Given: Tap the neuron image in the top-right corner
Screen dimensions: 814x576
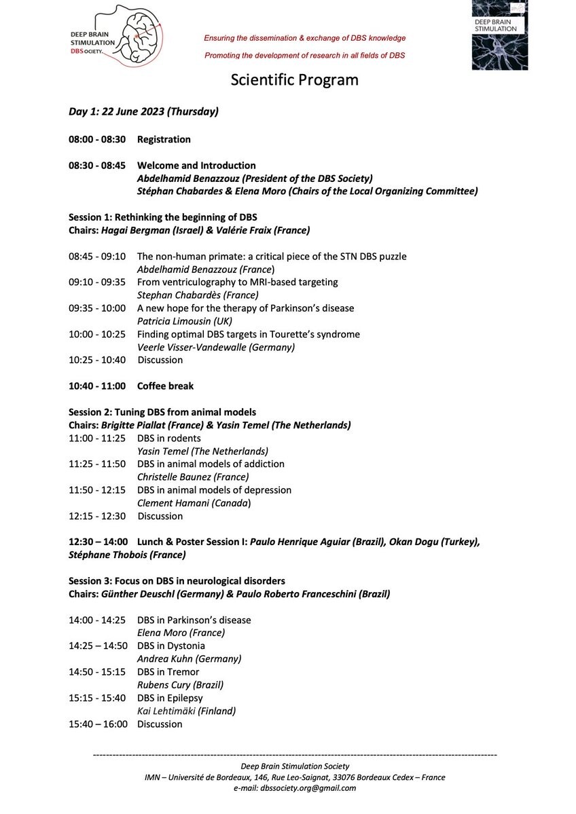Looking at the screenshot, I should pyautogui.click(x=499, y=35).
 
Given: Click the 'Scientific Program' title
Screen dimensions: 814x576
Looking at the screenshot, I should pyautogui.click(x=294, y=80).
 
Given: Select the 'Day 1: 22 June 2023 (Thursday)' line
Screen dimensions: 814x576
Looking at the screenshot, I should pyautogui.click(x=143, y=111).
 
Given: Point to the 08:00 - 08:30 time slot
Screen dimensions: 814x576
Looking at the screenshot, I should pyautogui.click(x=97, y=139).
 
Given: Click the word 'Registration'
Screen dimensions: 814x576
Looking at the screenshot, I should pyautogui.click(x=164, y=139).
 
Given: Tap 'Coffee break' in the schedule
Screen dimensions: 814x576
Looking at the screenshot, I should pyautogui.click(x=165, y=386).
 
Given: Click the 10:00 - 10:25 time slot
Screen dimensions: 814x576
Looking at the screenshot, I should pyautogui.click(x=97, y=334).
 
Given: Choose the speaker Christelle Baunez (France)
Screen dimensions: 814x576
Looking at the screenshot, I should pyautogui.click(x=193, y=477).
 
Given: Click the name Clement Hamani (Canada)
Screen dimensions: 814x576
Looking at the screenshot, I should pyautogui.click(x=194, y=502).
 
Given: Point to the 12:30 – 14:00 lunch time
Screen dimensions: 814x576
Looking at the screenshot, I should pyautogui.click(x=97, y=542).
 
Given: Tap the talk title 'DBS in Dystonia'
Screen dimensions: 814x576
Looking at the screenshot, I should pyautogui.click(x=170, y=646).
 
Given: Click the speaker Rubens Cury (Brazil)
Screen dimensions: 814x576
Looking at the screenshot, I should pyautogui.click(x=180, y=684).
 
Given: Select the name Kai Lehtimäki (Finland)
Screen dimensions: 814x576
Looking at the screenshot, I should pyautogui.click(x=186, y=711).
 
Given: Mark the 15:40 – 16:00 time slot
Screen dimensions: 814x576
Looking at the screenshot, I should pyautogui.click(x=97, y=724).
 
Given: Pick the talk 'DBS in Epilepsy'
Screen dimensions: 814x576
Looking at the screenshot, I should pyautogui.click(x=170, y=698).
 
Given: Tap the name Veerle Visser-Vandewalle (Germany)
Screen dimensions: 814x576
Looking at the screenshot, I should pyautogui.click(x=216, y=347).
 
